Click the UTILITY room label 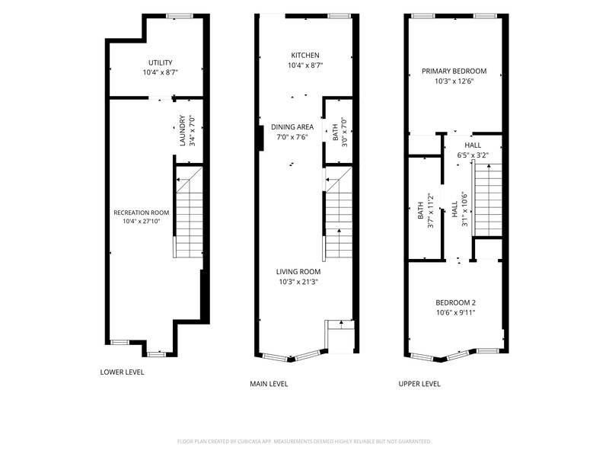tap(161, 62)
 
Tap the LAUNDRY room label tap(182, 130)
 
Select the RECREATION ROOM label tap(142, 213)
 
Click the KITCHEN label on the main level tap(305, 55)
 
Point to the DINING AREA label tap(292, 126)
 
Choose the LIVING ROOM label tap(298, 272)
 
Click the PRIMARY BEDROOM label tap(454, 71)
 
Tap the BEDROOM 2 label tap(455, 302)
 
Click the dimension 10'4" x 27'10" tap(142, 222)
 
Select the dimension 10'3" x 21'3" tap(298, 282)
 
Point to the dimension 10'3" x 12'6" tap(454, 81)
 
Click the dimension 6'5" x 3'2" tap(473, 155)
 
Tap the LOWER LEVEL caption tap(122, 372)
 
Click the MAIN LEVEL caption tap(269, 384)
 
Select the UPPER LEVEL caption tap(419, 384)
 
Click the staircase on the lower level tap(189, 213)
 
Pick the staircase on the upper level tap(487, 200)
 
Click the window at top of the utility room tap(180, 16)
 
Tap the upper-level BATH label tap(420, 210)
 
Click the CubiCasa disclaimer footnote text tap(304, 441)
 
